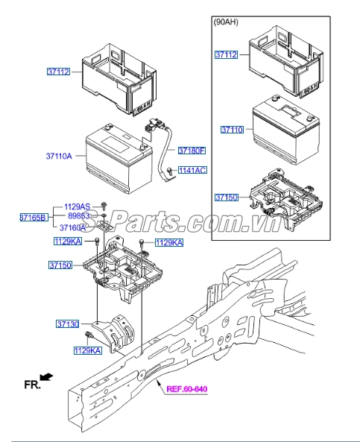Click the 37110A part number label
pos(58,157)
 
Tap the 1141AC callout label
pos(192,171)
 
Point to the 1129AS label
pos(77,206)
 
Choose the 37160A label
pos(73,227)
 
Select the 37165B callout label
pos(34,217)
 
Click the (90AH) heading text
pos(227,23)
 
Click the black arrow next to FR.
pos(48,379)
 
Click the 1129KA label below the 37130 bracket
pos(87,350)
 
